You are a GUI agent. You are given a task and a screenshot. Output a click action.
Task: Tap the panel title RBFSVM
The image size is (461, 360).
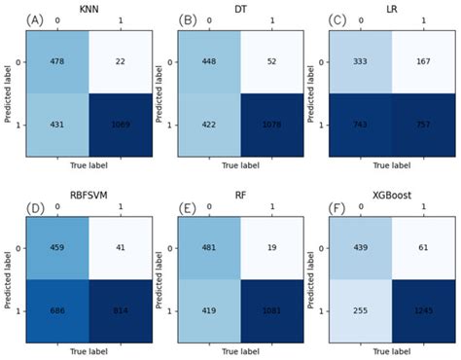tap(91, 195)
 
